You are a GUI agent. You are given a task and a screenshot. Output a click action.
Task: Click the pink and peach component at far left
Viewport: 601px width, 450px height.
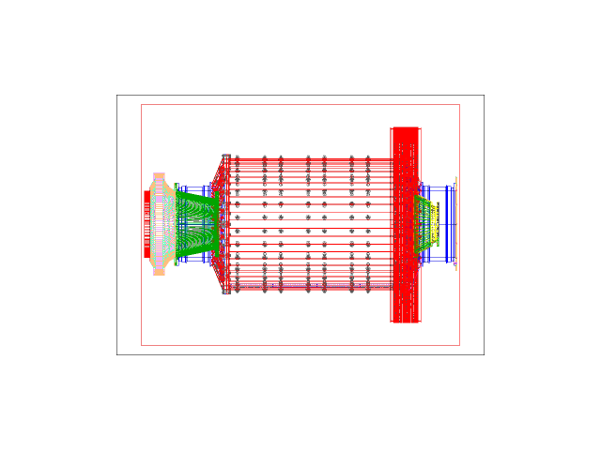(x=159, y=224)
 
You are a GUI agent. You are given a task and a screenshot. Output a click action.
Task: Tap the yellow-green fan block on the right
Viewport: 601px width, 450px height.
(x=426, y=224)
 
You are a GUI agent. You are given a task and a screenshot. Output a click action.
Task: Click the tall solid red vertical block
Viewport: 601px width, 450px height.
(x=405, y=225)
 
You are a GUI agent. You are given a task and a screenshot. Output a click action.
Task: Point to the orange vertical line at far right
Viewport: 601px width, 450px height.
(x=456, y=224)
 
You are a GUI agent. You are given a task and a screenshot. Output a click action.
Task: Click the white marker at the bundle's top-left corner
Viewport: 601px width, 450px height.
(x=225, y=157)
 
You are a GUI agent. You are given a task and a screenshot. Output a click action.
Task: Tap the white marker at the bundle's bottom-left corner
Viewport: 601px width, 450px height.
(x=225, y=292)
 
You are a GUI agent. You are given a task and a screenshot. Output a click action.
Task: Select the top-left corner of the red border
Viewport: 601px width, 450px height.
(x=142, y=104)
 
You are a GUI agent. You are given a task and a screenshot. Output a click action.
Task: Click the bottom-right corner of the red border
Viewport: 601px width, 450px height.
(x=459, y=345)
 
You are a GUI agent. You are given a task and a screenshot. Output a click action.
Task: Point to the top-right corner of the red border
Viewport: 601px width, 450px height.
(x=459, y=104)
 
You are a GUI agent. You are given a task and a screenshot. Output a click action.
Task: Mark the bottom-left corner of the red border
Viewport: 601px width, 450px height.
(x=142, y=345)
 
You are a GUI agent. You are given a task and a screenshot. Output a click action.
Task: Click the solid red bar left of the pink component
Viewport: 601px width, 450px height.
(x=146, y=224)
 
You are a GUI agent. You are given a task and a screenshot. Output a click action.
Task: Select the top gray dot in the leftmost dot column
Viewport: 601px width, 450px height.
(x=238, y=158)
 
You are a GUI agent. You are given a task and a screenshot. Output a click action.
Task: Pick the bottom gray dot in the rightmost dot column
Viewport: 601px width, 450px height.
(x=368, y=291)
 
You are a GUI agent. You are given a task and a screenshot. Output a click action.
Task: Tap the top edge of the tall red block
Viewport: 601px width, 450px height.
(x=405, y=127)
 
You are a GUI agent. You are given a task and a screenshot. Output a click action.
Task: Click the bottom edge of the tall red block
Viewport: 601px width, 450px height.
(x=405, y=322)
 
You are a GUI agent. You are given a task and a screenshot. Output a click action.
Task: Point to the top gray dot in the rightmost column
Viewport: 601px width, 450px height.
(x=368, y=158)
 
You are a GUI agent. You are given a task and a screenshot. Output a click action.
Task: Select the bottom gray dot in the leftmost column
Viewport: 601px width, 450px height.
(x=238, y=291)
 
